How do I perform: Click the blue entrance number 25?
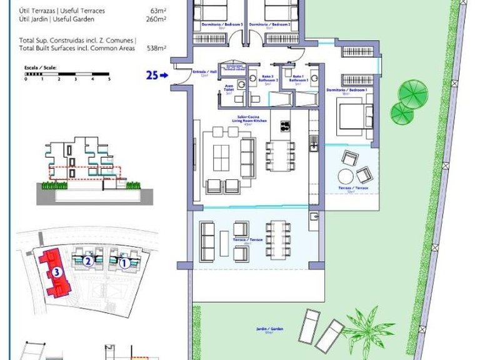(x=152, y=76)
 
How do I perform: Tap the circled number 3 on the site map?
(x=56, y=272)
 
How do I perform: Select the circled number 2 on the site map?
(x=89, y=262)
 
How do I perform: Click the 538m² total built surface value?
(x=156, y=48)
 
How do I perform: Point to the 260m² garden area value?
(x=156, y=19)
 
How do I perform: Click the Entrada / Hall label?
(x=200, y=73)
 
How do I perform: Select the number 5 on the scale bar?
(x=109, y=79)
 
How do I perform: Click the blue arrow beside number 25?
(x=164, y=76)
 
